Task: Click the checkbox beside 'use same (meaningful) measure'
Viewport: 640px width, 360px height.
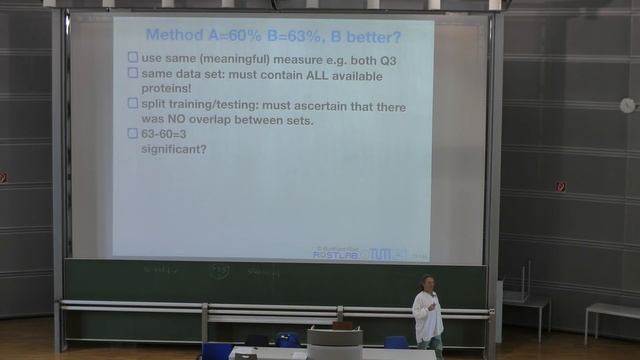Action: coord(133,57)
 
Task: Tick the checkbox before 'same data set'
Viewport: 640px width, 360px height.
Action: coord(133,73)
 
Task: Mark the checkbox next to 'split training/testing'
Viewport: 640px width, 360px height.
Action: coord(133,104)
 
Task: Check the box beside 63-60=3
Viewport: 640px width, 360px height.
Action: coord(133,134)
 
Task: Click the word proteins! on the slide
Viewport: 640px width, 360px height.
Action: coord(169,88)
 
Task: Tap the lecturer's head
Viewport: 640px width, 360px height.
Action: coord(427,283)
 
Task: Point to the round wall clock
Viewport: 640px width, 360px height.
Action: coord(627,105)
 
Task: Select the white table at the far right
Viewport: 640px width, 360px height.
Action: coord(611,311)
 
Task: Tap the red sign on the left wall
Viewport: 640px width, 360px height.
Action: coord(3,178)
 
